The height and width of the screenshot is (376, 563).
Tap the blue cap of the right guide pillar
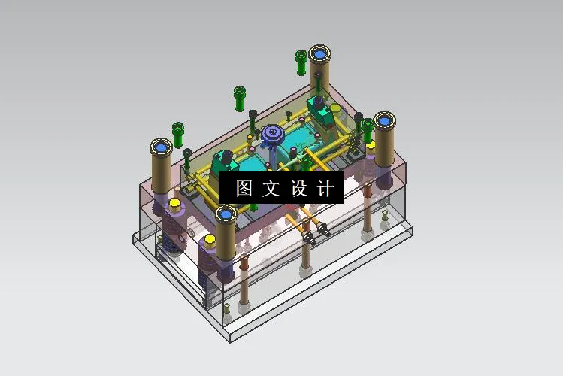click(x=386, y=120)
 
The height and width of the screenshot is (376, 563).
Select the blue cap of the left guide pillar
click(x=161, y=147)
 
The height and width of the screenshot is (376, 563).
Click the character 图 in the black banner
click(x=244, y=188)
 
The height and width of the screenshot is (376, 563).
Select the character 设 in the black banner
click(x=298, y=188)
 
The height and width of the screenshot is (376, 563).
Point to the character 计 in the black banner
click(x=325, y=188)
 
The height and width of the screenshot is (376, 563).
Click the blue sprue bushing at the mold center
click(x=271, y=135)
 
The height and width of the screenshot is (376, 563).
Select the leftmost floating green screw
click(x=178, y=132)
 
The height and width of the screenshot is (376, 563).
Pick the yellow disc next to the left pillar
click(x=174, y=203)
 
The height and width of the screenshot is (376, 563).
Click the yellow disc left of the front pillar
click(x=210, y=241)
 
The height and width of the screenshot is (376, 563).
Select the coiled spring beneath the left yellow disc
click(x=174, y=233)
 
